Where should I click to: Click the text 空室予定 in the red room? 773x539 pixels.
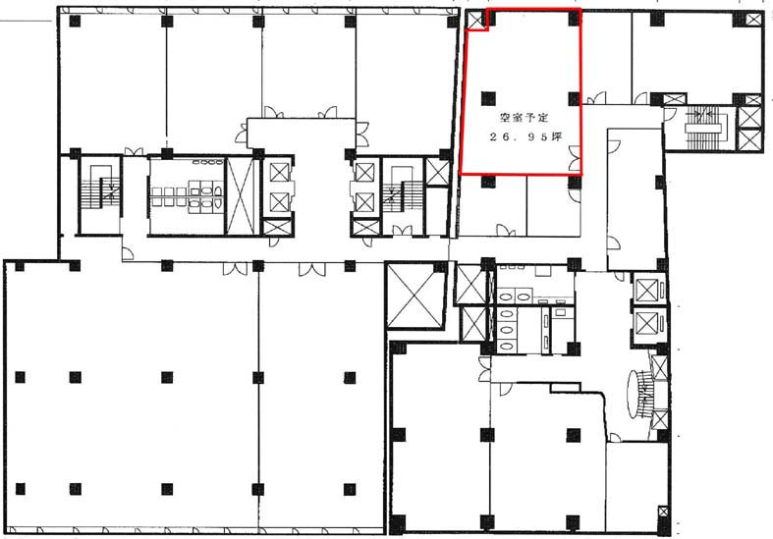[x=525, y=118]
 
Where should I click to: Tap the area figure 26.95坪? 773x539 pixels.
[x=525, y=137]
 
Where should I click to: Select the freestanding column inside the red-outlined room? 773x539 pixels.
[x=488, y=98]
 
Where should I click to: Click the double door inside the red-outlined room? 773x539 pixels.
[x=575, y=159]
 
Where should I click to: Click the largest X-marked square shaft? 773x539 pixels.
[x=414, y=296]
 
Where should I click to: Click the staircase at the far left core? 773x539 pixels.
[x=99, y=194]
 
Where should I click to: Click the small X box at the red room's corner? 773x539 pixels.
[x=476, y=21]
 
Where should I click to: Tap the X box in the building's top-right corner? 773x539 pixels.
[x=753, y=20]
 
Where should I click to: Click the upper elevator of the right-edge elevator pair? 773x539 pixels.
[x=647, y=290]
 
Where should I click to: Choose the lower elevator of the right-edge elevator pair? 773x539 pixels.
[x=647, y=323]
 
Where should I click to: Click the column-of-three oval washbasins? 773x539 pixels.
[x=505, y=329]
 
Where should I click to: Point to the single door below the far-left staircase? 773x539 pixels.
[x=128, y=252]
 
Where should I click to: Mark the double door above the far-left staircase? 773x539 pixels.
[x=134, y=151]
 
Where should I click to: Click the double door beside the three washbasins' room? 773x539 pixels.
[x=484, y=369]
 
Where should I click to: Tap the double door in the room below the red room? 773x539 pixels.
[x=506, y=230]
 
